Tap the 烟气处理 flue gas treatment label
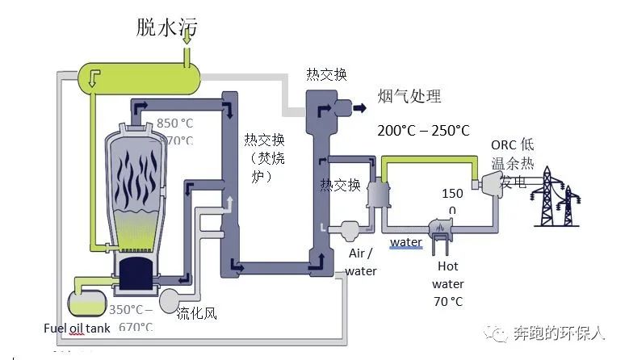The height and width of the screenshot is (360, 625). [409, 97]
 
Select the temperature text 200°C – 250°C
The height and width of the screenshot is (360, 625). [423, 130]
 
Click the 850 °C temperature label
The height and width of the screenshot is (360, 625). [175, 123]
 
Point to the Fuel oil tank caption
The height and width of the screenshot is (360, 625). [78, 329]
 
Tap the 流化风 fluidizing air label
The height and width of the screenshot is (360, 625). [197, 313]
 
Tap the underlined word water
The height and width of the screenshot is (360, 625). [405, 242]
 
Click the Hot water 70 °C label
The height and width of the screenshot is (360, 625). [447, 283]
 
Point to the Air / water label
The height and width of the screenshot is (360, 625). [361, 262]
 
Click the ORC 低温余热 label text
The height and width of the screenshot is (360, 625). [512, 158]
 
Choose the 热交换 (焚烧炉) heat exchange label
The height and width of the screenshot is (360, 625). [266, 157]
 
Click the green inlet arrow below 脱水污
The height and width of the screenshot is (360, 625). [187, 57]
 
